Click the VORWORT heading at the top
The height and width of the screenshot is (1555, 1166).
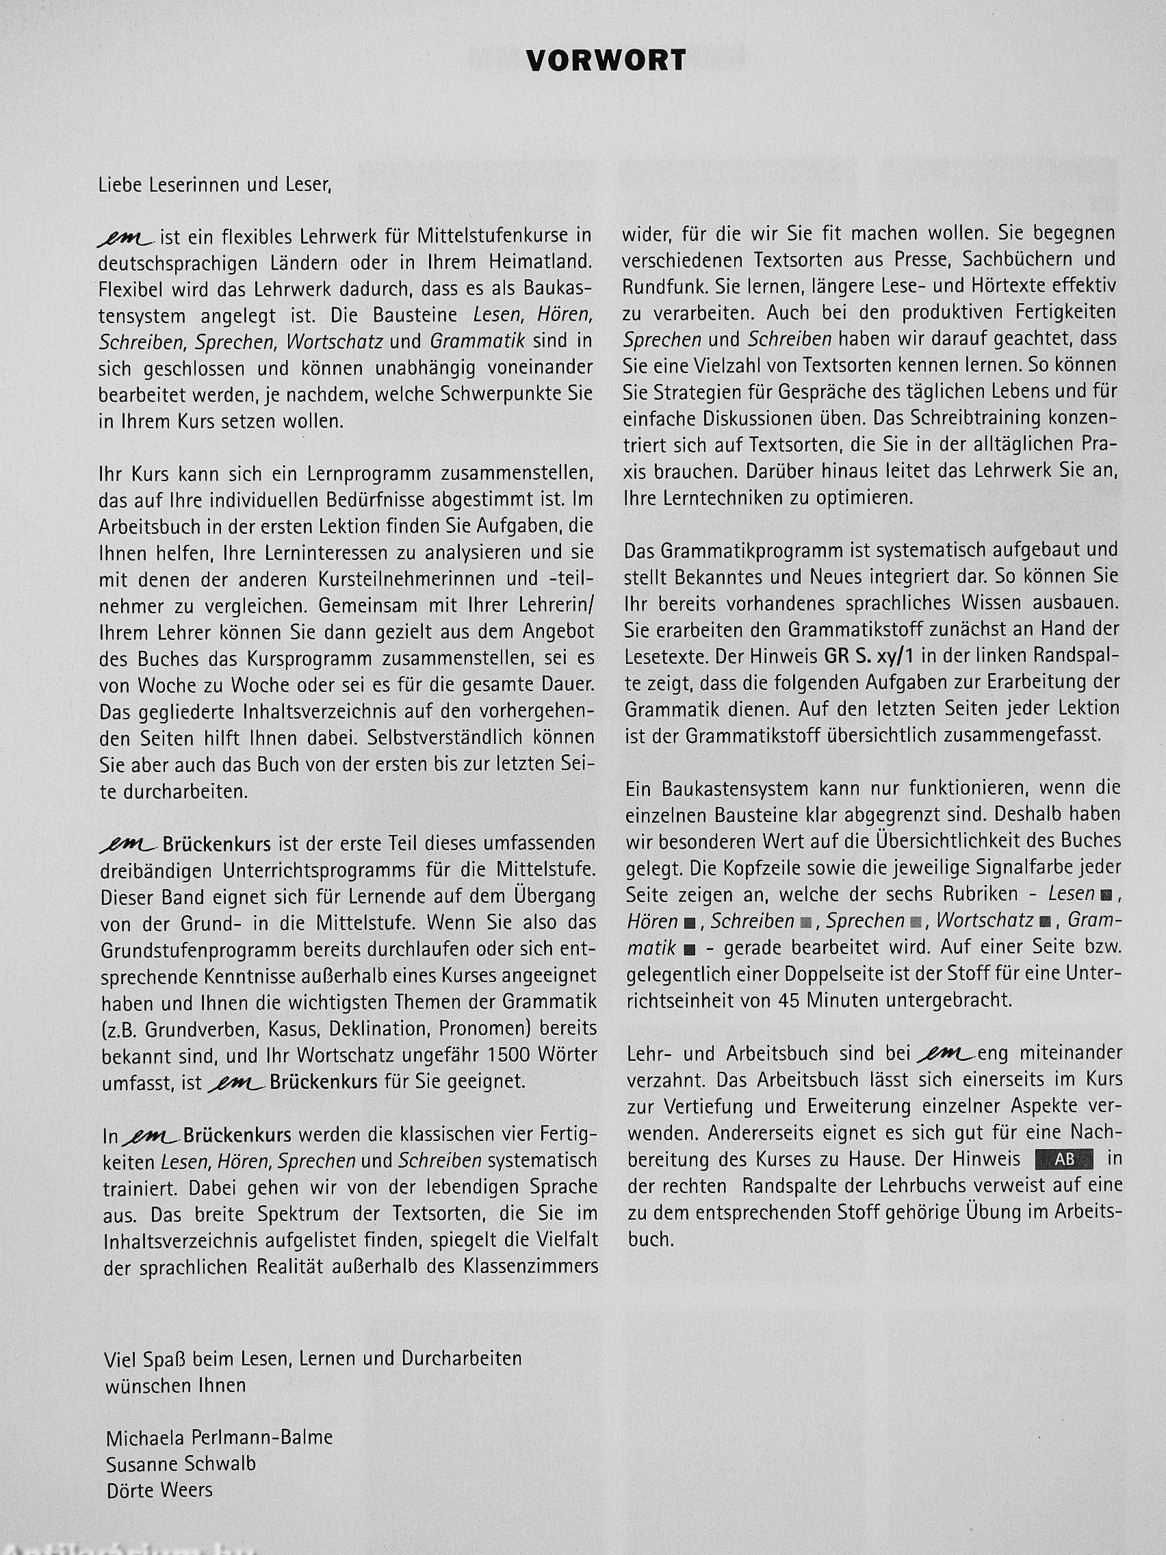(606, 61)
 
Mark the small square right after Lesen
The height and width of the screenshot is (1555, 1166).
(1107, 895)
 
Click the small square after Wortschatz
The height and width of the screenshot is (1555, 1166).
(1046, 922)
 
